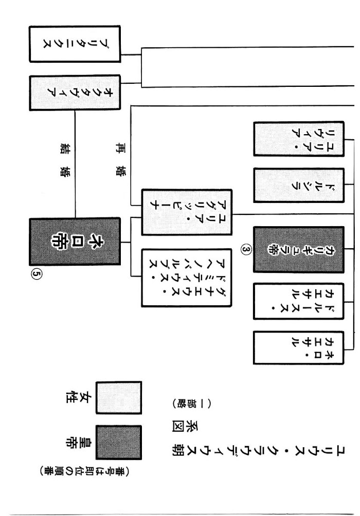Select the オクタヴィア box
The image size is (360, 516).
[x=74, y=93]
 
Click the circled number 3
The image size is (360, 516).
[x=246, y=250]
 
